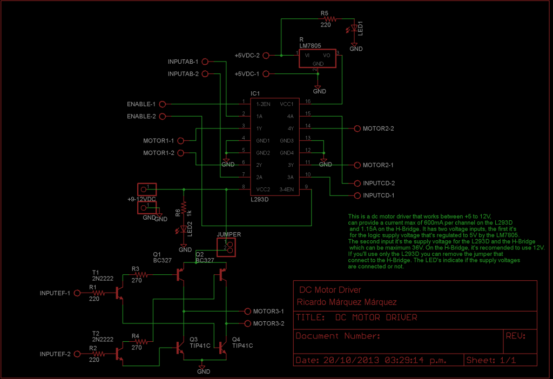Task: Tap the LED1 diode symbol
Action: [354, 28]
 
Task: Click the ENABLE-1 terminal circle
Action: [162, 104]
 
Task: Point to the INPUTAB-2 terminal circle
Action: [205, 74]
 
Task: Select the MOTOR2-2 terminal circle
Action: [356, 129]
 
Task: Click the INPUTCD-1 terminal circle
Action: [356, 195]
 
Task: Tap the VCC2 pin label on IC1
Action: [262, 189]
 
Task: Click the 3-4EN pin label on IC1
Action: [286, 189]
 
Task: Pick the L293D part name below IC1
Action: [261, 199]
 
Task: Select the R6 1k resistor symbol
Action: [184, 207]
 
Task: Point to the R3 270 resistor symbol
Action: [142, 275]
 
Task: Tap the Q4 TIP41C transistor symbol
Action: [222, 347]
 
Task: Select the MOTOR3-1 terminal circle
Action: [248, 312]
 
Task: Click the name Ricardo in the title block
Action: [313, 302]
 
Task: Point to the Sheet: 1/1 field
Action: [491, 360]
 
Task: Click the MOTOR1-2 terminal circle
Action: [180, 153]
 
